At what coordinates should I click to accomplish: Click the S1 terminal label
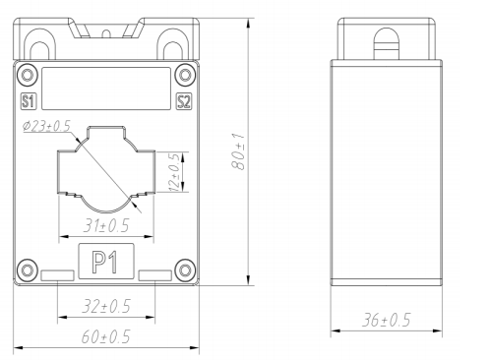[x=28, y=101]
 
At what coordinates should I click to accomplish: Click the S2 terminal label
[x=184, y=101]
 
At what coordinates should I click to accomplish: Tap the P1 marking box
[x=106, y=262]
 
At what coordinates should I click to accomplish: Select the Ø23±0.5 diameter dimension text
[x=47, y=126]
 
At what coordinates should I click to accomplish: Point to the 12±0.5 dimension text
[x=174, y=172]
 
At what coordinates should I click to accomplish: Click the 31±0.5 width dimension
[x=106, y=225]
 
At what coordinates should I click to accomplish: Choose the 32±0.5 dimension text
[x=106, y=306]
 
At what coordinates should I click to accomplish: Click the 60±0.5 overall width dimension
[x=105, y=336]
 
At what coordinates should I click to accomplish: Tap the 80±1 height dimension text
[x=238, y=151]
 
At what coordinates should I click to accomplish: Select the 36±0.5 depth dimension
[x=386, y=320]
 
